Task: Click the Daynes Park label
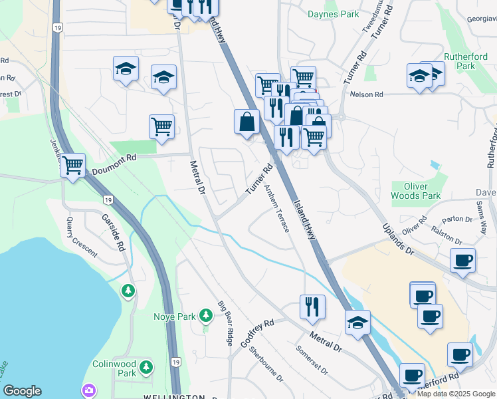pyautogui.click(x=334, y=14)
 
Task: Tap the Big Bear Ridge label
pyautogui.click(x=225, y=323)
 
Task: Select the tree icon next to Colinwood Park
pyautogui.click(x=146, y=366)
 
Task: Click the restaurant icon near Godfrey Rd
pyautogui.click(x=312, y=307)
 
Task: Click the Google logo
pyautogui.click(x=22, y=391)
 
